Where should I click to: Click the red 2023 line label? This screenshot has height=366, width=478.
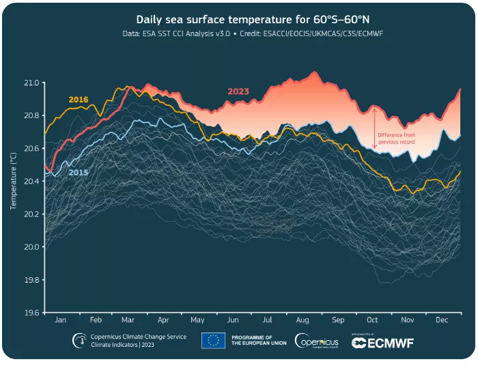pos(238,91)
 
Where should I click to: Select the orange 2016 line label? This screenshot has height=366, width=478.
pos(79,100)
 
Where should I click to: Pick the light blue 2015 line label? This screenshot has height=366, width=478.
pos(79,173)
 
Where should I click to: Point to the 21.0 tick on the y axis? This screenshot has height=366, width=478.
pos(32,83)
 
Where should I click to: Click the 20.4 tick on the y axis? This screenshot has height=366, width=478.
pos(32,182)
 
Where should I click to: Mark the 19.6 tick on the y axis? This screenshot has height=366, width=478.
pos(32,313)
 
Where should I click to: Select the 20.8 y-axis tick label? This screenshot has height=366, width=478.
pos(32,115)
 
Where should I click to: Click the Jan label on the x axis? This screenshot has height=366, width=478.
pos(60,320)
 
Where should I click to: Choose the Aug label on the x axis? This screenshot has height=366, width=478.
pos(303,320)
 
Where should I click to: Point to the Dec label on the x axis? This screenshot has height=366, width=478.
pos(441,320)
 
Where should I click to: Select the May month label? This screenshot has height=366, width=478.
pos(198,320)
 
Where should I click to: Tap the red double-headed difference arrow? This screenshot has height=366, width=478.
pos(375,128)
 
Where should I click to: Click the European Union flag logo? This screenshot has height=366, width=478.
pos(214,341)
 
